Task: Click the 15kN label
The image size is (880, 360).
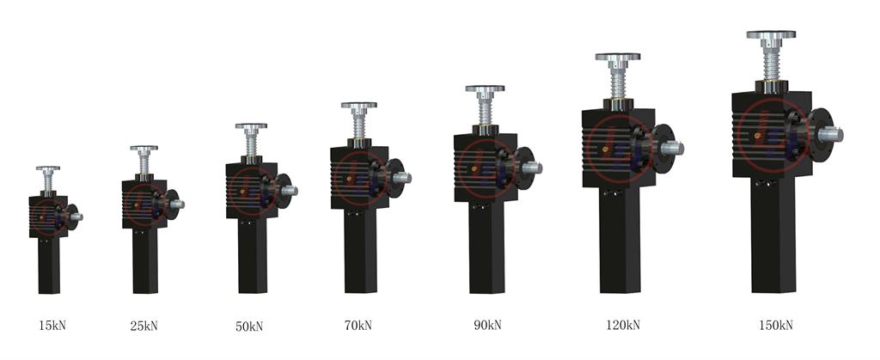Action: (52, 326)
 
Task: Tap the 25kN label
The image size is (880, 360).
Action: (144, 326)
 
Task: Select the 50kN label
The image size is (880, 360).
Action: (249, 326)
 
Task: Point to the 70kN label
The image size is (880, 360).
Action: (358, 326)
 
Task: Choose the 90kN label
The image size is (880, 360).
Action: (488, 325)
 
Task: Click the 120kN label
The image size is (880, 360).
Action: (623, 325)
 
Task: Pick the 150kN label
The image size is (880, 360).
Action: (776, 325)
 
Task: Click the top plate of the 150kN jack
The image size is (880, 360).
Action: (771, 34)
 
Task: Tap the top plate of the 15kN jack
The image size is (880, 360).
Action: (48, 168)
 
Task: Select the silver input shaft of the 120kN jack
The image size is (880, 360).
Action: (672, 149)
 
